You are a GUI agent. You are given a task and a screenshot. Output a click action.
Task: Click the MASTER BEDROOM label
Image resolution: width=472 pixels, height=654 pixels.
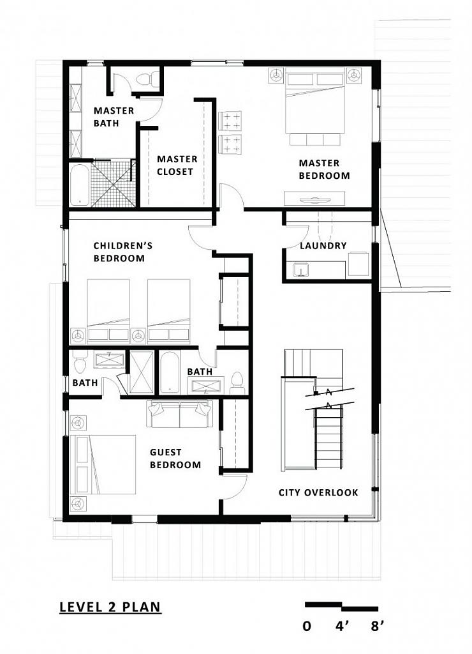coord(324,169)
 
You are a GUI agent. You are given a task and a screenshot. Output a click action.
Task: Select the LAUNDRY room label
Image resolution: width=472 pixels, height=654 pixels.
coord(323,246)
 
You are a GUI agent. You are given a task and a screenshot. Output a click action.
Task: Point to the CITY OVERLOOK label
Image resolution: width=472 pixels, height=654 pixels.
coord(318,492)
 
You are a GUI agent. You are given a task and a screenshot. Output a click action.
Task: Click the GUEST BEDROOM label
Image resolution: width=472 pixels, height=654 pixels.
coord(175,459)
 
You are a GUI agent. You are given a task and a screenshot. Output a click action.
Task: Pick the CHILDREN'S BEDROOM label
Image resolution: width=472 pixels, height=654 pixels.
coord(122,252)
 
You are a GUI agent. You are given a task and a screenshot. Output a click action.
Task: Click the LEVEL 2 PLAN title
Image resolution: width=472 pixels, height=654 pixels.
coord(110,607)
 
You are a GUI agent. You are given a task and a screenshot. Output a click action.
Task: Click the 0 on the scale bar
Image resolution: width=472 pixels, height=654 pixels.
coord(307,626)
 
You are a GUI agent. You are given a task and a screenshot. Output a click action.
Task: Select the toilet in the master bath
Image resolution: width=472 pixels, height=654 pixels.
coord(147,79)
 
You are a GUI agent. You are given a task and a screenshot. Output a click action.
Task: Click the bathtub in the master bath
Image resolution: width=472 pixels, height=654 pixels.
coord(80,185)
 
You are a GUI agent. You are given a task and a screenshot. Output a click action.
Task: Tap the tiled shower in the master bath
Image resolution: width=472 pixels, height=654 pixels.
coord(114,183)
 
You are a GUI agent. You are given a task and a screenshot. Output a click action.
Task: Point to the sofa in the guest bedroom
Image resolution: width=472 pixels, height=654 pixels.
coord(179,414)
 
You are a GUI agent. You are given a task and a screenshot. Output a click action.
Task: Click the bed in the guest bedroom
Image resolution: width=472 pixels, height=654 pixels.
coord(103,464)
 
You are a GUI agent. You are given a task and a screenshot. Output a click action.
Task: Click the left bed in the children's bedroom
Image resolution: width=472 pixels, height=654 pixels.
coord(108,312)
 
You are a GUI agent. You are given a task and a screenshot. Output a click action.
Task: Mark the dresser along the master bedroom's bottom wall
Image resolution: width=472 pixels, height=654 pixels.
coord(314,198)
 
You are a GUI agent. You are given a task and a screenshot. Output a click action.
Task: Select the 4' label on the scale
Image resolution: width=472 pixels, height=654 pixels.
coord(342,626)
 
